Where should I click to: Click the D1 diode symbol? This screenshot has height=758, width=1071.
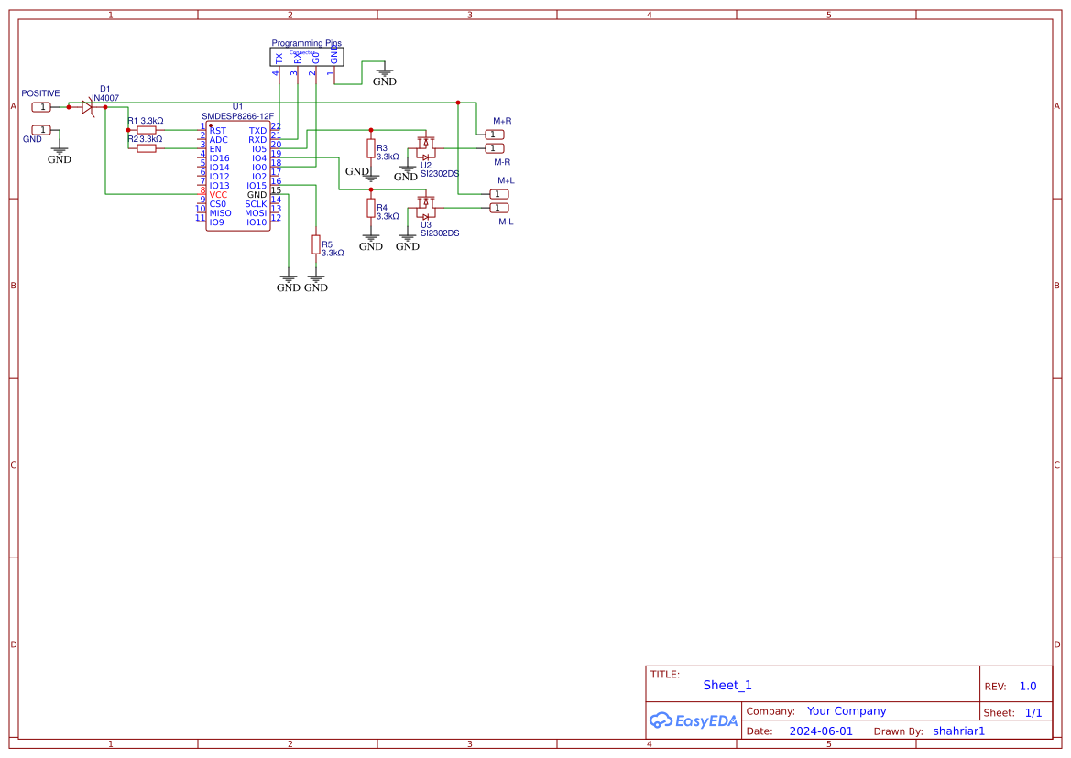point(87,107)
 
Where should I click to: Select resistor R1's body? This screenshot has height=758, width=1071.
point(147,130)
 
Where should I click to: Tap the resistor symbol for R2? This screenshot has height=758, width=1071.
point(147,148)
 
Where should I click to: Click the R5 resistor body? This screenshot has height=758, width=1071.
point(315,244)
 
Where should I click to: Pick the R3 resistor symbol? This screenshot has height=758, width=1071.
point(371,148)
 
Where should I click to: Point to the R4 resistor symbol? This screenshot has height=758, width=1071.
point(371,208)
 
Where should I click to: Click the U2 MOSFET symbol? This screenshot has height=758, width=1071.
point(425,148)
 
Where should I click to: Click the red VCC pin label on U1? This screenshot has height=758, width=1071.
point(218,195)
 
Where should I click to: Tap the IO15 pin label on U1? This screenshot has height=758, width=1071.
point(257,186)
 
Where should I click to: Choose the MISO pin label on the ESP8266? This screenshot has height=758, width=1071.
point(220,213)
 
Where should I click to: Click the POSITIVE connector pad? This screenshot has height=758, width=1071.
point(42,107)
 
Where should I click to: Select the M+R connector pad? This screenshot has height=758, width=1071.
point(494,135)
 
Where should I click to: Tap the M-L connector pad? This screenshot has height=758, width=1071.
point(499,208)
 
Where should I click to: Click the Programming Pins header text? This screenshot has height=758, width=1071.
point(306,43)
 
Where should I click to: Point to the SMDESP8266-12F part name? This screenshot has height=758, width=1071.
point(237,116)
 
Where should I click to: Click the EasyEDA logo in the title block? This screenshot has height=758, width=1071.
point(694,720)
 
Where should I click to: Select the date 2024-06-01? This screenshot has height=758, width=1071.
point(821,731)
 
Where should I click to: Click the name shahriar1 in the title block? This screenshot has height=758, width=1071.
point(958,731)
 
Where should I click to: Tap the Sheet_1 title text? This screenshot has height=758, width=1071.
point(727,685)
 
